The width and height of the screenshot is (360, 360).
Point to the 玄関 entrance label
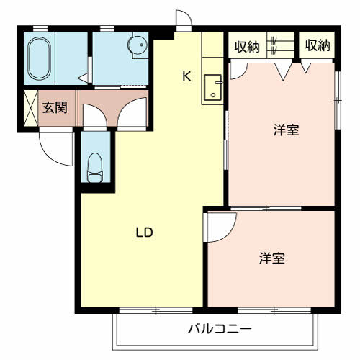pyautogui.click(x=54, y=109)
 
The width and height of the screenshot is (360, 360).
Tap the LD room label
pyautogui.click(x=144, y=233)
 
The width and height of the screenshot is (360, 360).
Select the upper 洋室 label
pyautogui.click(x=286, y=130)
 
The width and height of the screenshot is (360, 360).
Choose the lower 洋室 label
pyautogui.click(x=271, y=258)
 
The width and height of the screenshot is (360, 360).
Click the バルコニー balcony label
pyautogui.click(x=220, y=330)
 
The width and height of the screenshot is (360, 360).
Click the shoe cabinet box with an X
pyautogui.click(x=31, y=109)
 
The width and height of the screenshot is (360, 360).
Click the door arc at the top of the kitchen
pyautogui.click(x=184, y=19)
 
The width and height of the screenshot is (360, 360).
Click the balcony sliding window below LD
pyautogui.click(x=156, y=310)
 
